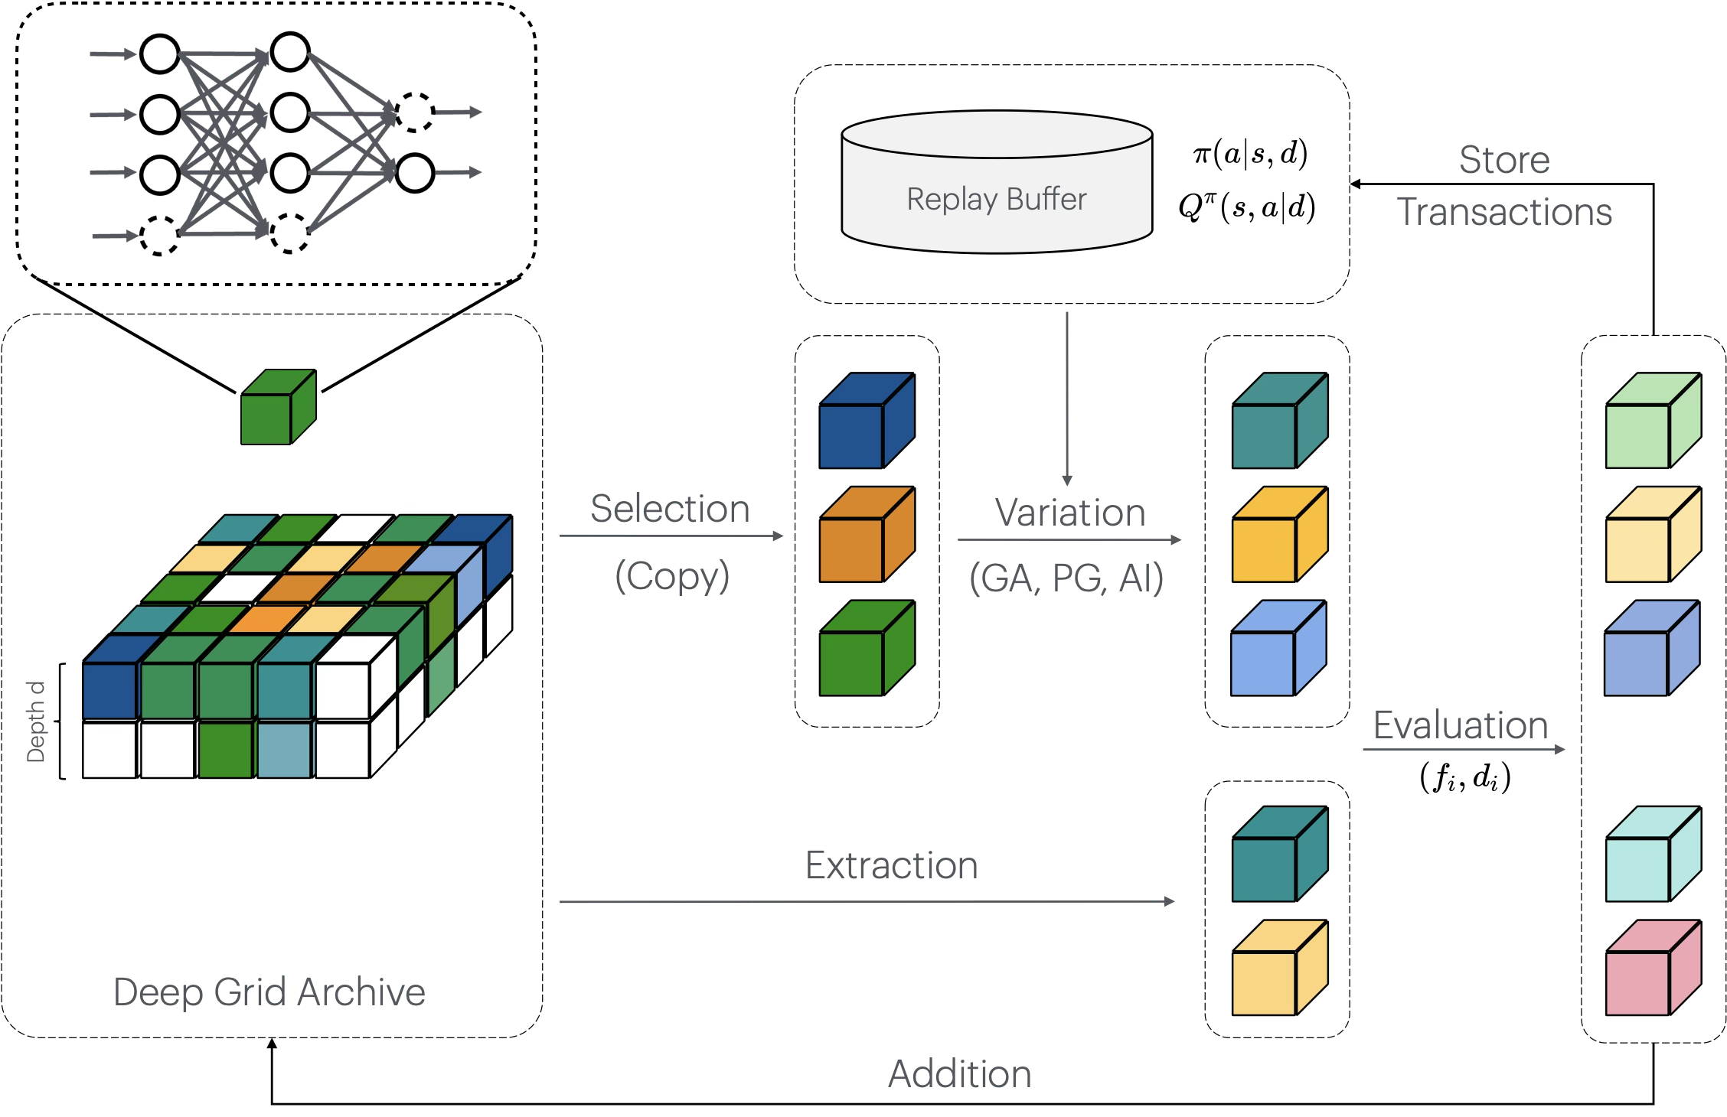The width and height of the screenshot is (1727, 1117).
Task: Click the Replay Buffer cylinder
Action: pos(997,184)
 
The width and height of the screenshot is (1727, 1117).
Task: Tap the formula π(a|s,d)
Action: pos(1250,154)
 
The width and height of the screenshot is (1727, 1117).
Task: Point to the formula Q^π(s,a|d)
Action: pos(1247,207)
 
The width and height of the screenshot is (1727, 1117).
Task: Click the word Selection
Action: pos(670,509)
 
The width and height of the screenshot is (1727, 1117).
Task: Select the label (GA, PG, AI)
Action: pos(1066,578)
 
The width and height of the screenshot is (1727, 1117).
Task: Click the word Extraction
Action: pos(892,865)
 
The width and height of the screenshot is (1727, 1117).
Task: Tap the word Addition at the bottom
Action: pos(960,1074)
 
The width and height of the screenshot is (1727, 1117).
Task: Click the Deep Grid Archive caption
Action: pos(269,992)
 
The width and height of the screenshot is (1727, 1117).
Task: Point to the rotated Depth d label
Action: pos(36,721)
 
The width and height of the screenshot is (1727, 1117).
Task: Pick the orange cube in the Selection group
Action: pos(867,536)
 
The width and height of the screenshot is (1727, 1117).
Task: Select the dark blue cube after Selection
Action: pos(867,422)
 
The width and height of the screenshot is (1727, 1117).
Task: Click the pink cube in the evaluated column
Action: pos(1653,969)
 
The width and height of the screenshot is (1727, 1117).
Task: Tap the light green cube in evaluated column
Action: pos(1653,422)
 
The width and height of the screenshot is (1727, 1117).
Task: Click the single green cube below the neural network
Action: pos(278,408)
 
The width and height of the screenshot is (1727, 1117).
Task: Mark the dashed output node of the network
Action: pos(415,112)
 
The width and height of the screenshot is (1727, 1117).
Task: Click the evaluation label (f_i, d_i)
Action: pos(1465,777)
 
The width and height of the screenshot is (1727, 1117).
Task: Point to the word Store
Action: pos(1504,160)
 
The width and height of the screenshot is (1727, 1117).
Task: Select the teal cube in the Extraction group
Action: pos(1279,855)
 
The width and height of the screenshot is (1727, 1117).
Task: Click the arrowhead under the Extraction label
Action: pos(1169,901)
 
